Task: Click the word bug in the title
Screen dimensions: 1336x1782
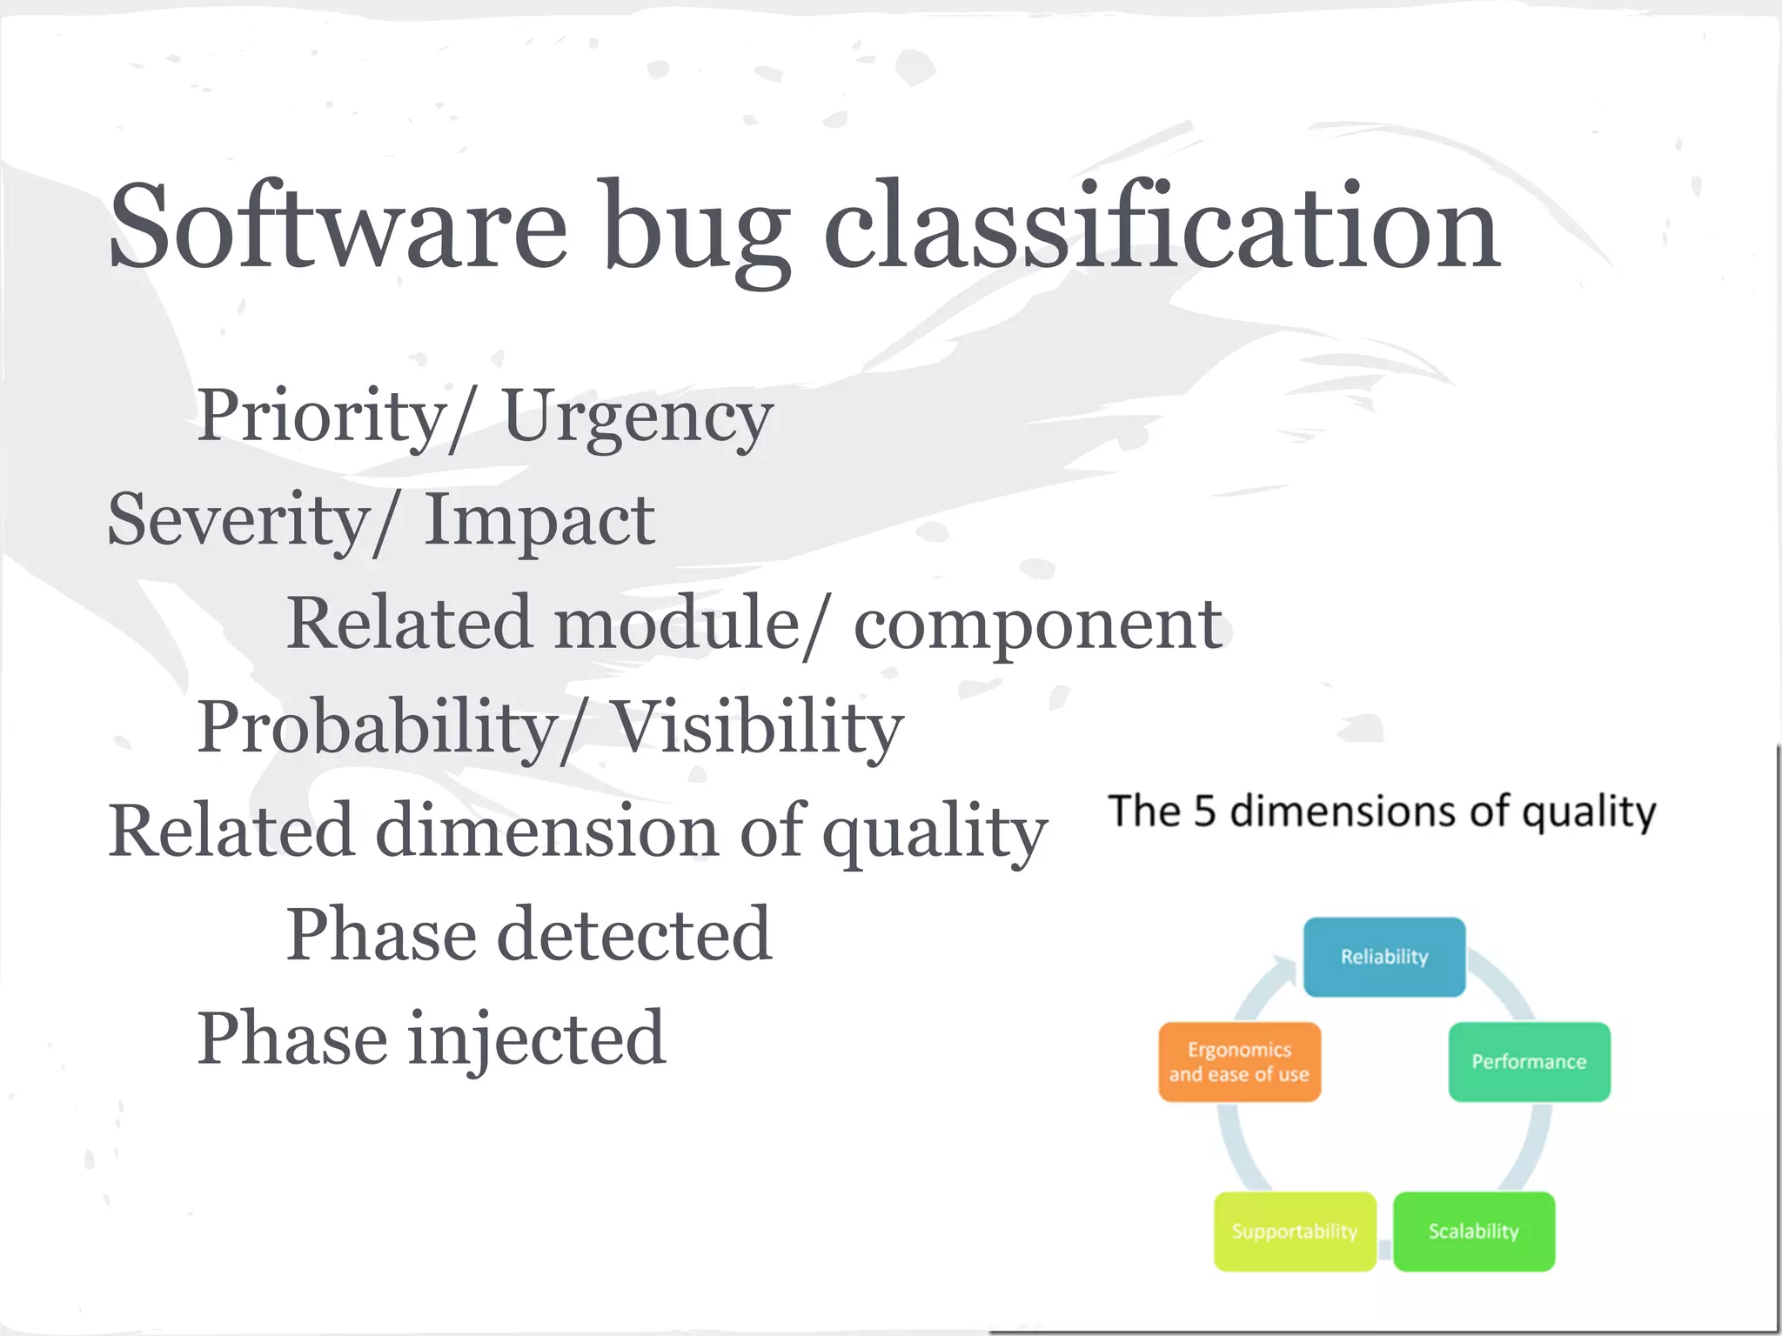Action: (x=696, y=230)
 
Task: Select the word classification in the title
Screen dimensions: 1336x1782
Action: (x=1162, y=228)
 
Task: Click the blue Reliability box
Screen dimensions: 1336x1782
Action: (x=1383, y=957)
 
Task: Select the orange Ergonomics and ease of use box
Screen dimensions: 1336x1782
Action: (x=1239, y=1062)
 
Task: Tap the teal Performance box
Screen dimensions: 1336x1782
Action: (x=1529, y=1062)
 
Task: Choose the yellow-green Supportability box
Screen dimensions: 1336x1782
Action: (x=1295, y=1232)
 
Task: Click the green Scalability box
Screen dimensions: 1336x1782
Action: (x=1473, y=1232)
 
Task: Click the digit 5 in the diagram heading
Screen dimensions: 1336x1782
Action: (x=1203, y=811)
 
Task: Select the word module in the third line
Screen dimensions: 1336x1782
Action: (x=676, y=625)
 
